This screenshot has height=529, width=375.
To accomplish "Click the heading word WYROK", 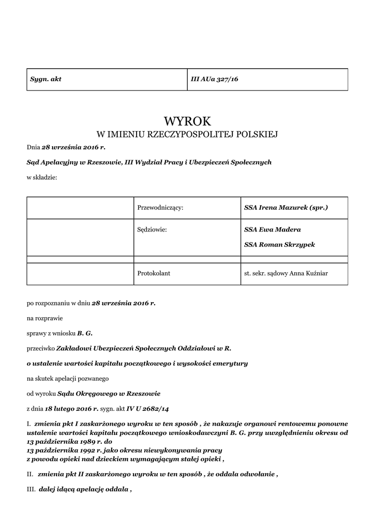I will coord(187,121).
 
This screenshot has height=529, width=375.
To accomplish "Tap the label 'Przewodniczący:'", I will coord(160,208).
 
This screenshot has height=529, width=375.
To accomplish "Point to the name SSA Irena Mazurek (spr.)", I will coord(286,208).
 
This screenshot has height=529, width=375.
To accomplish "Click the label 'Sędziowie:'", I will coord(152,229).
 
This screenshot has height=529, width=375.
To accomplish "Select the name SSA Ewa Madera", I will coord(272,229).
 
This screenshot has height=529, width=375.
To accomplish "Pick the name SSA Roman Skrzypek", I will coord(279,244).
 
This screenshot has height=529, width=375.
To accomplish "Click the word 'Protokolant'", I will coord(154,273).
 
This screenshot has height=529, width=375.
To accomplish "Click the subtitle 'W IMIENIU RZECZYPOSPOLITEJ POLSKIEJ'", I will coord(187,135).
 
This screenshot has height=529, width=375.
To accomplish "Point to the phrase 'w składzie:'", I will coord(42,178).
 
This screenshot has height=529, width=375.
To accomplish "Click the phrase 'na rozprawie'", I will coord(44,318).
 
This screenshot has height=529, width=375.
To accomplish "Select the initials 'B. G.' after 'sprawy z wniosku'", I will coord(85,333).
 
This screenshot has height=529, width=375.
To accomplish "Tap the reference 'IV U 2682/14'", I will coord(147,409).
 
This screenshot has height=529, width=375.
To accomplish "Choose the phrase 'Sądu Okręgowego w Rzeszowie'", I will coord(109,394).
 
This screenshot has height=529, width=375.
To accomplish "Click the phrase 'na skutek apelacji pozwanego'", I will coord(67,379).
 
